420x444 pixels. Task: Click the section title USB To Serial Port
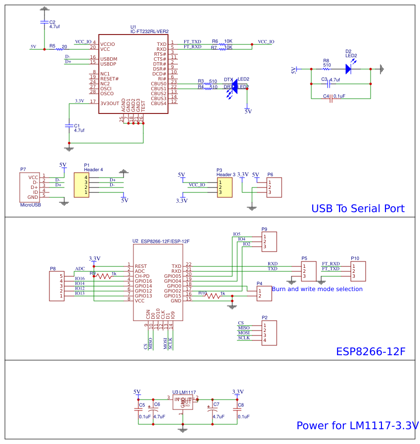coord(358,209)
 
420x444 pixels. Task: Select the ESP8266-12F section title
coord(371,351)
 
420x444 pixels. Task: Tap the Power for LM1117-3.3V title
coord(357,425)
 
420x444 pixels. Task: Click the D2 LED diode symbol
coord(348,69)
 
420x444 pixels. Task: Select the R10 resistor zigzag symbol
coord(213,296)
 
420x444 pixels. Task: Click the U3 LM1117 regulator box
coord(182,402)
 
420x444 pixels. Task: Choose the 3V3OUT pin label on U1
coord(110,104)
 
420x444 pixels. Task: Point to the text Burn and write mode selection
coord(317,289)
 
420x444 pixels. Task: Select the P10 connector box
coord(358,271)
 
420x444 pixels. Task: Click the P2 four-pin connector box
coord(269,333)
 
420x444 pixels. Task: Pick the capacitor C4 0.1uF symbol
coord(330,99)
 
